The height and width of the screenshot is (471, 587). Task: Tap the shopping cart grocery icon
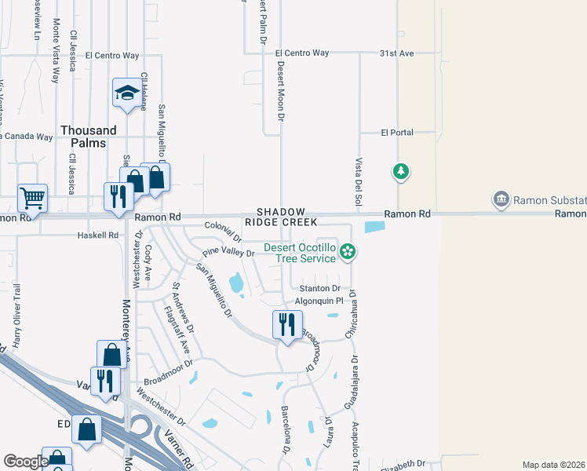pos(32,197)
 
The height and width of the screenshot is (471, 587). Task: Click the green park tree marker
pos(400,170)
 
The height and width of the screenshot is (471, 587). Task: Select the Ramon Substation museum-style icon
pos(501,200)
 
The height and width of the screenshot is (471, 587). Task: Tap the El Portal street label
pos(396,133)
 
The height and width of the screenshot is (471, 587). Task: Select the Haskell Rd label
pos(97,235)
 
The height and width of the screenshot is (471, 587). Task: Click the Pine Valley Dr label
pos(228,254)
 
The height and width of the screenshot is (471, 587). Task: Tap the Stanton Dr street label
pos(318,289)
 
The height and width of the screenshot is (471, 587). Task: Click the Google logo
pos(26,461)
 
